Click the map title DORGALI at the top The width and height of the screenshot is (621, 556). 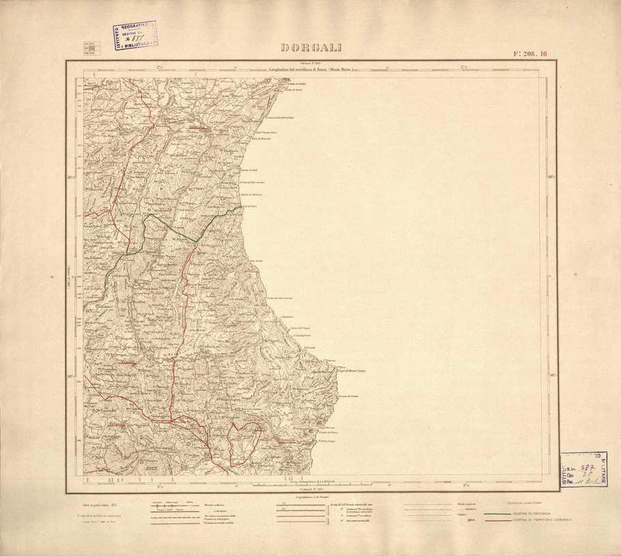point(311,48)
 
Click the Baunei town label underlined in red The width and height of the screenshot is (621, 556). point(287,441)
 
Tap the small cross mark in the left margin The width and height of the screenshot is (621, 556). point(53,277)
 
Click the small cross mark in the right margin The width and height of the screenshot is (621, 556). point(575,274)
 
